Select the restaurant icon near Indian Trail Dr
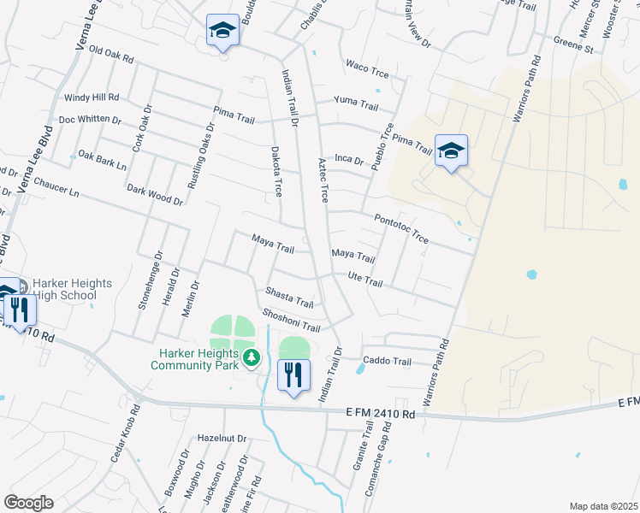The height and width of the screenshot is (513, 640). [x=293, y=374]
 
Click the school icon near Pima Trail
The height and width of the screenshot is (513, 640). [x=451, y=151]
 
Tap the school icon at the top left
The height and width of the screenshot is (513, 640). [x=222, y=31]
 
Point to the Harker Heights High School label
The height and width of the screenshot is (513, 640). [x=72, y=289]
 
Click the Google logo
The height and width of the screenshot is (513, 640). [x=28, y=503]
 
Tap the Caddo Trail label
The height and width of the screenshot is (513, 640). [x=388, y=361]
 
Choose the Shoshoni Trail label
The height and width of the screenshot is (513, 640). [x=291, y=321]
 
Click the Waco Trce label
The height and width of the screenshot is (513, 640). [x=367, y=69]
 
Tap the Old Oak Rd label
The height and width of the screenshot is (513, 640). [x=111, y=56]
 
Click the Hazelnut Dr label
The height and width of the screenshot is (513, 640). [x=222, y=438]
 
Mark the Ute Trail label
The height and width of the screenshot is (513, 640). [x=365, y=279]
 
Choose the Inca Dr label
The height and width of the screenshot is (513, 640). [x=349, y=159]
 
